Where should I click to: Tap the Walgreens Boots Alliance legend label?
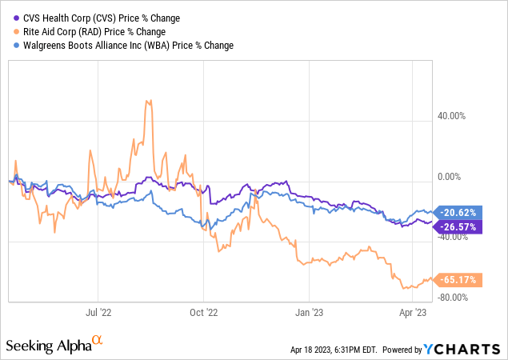[125, 46]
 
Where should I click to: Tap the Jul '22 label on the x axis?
[97, 314]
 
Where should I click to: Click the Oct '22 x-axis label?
[205, 314]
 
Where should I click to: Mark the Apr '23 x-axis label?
[413, 314]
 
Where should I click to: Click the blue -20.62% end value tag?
[457, 213]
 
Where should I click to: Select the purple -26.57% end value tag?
[457, 226]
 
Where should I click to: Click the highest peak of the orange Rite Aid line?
[147, 101]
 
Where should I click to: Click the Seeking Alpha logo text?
[54, 345]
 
